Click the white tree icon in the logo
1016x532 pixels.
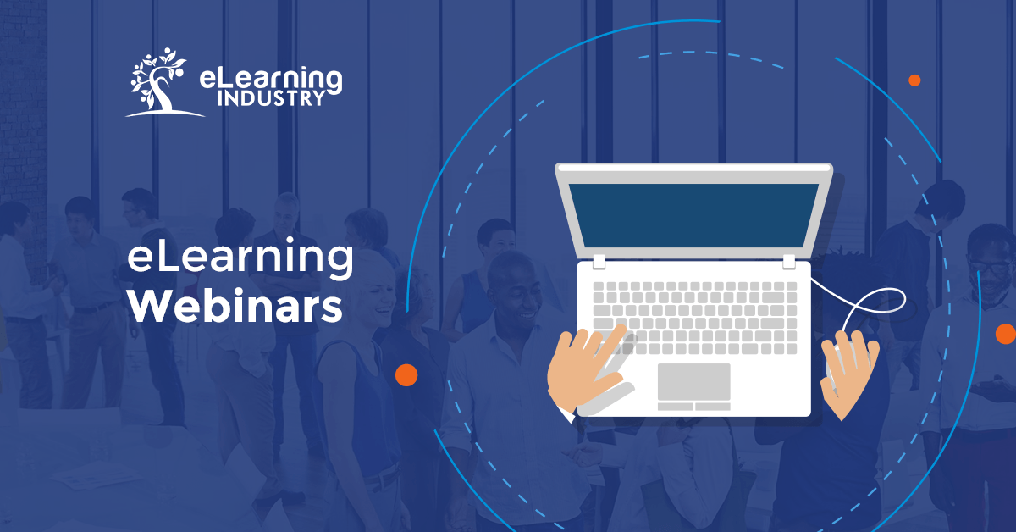click(158, 81)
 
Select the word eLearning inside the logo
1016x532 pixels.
click(270, 79)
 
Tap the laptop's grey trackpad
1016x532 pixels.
click(693, 381)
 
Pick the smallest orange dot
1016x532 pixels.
click(914, 80)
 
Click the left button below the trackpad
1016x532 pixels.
click(676, 407)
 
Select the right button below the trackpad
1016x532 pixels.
click(713, 407)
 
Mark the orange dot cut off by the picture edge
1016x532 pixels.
click(1006, 333)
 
